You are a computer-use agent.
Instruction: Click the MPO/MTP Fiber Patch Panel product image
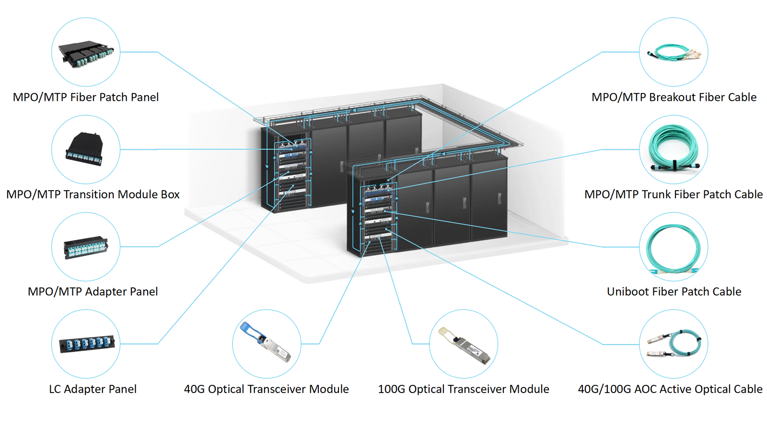tap(86, 54)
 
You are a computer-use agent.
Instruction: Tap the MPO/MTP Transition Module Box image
tap(85, 149)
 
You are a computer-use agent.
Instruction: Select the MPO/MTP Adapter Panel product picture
tap(85, 248)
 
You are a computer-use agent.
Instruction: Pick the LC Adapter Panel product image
tap(86, 344)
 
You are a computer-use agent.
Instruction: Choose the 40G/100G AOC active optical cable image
tap(674, 344)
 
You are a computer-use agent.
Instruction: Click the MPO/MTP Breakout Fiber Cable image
tap(674, 52)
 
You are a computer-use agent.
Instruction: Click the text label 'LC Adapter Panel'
tap(93, 389)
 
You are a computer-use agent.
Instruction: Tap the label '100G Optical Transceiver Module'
tap(463, 389)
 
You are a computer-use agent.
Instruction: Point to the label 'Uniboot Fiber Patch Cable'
tap(674, 291)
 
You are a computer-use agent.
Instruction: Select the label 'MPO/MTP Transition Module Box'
tap(93, 194)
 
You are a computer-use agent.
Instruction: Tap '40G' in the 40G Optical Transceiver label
tap(194, 389)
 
